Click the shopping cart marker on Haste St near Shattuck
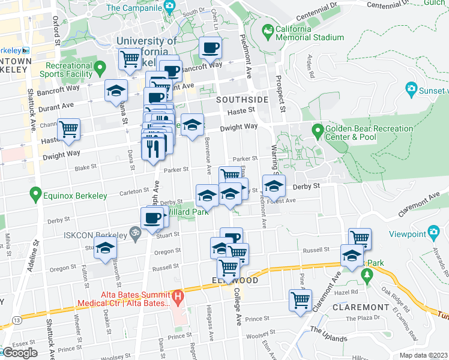pyautogui.click(x=70, y=129)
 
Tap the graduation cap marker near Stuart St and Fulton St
pyautogui.click(x=106, y=248)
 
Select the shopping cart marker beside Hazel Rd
pyautogui.click(x=301, y=299)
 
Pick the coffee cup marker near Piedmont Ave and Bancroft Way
pyautogui.click(x=210, y=48)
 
